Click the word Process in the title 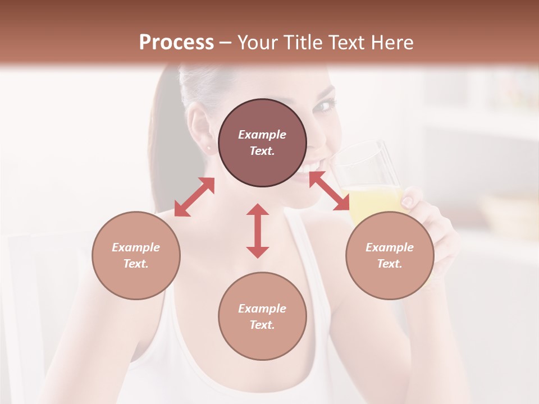[176, 43]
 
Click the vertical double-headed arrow [258, 231]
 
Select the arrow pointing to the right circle [330, 191]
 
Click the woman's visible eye [325, 105]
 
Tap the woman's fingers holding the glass [413, 199]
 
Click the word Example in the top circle [262, 135]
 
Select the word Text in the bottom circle [262, 325]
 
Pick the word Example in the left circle [136, 247]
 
